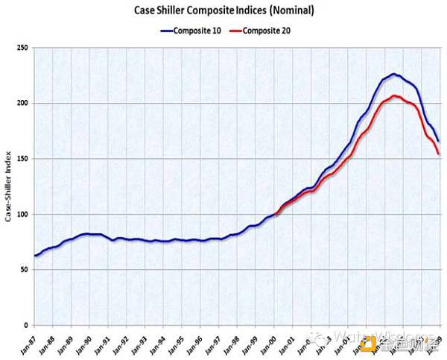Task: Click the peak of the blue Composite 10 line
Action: point(393,75)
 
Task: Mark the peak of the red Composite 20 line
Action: point(394,96)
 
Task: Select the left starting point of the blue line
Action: point(35,256)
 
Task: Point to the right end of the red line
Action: point(438,154)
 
